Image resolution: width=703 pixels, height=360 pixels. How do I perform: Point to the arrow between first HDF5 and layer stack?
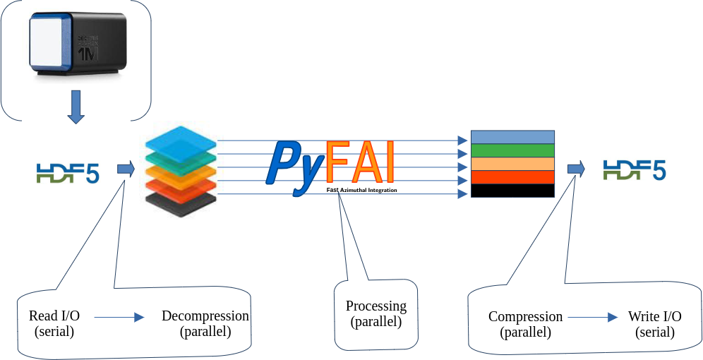point(126,169)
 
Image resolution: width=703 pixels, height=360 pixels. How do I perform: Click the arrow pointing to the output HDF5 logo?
point(576,168)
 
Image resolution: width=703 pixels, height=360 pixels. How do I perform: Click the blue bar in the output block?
point(512,137)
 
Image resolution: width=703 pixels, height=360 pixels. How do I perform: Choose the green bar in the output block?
point(512,150)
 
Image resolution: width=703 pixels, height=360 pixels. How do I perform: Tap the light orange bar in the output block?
point(512,164)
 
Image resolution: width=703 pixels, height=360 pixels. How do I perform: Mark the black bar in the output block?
point(512,191)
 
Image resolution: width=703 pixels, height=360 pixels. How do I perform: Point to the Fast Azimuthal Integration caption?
point(361,191)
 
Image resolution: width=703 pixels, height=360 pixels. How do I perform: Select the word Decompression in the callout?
point(205,316)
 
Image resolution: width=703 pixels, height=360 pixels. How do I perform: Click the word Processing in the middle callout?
point(376,306)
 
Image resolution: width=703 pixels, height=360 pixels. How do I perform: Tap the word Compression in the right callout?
point(525,317)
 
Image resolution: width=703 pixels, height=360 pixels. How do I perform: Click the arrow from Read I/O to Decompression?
point(119,318)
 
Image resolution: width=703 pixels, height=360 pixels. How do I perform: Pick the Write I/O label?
point(655,317)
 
